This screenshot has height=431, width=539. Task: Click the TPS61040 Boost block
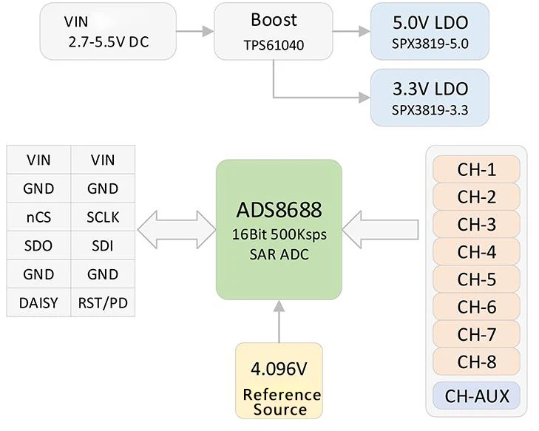274,32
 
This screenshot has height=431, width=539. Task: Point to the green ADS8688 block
279,230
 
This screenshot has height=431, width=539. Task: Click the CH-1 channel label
476,169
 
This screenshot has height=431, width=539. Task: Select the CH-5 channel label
476,279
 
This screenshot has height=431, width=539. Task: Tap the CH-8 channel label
476,362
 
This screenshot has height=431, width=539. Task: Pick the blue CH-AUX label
476,396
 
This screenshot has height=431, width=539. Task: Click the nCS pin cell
38,217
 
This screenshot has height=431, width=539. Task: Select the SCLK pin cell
103,217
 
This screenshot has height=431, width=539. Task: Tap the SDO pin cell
38,245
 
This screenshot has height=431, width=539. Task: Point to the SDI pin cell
103,245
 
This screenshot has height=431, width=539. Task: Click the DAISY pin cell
38,302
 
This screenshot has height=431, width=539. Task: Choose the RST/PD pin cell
103,302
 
